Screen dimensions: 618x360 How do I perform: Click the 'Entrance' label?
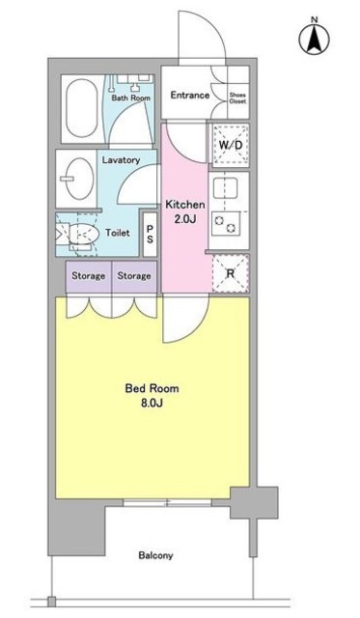191,95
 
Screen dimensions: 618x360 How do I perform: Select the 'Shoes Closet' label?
237,97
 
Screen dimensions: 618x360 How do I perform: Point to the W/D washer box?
232,145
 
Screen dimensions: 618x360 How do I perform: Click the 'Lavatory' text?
122,160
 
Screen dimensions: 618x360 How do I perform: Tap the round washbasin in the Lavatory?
71,178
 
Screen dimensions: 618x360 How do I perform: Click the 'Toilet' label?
118,233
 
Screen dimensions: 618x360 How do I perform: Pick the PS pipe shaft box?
150,234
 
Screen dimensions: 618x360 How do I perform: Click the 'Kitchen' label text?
183,204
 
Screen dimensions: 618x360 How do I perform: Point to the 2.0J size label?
183,219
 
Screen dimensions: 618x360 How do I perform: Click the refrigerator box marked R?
231,271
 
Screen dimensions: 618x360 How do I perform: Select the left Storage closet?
89,277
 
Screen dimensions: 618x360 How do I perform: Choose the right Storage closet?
134,277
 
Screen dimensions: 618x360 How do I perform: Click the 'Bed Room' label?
152,389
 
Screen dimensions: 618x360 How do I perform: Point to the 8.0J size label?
152,406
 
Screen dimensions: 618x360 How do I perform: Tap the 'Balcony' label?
154,555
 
